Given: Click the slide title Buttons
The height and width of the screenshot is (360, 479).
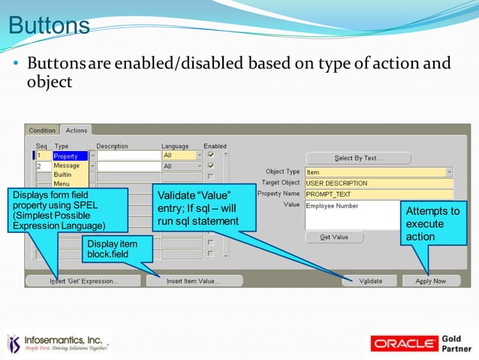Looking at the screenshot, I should (49, 26).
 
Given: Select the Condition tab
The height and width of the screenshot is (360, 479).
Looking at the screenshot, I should (42, 131).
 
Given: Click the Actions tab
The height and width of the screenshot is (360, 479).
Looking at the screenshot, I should (76, 131).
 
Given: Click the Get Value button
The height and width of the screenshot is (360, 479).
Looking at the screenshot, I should (334, 237).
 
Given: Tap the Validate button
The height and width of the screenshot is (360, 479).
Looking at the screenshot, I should (370, 281).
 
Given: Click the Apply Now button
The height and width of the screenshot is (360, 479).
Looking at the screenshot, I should (431, 281).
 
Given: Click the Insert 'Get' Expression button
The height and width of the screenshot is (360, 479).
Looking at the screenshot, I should (83, 281).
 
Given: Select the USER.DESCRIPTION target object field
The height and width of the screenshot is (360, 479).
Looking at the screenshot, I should (378, 183).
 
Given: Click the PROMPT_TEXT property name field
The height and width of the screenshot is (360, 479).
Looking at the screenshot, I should (378, 194).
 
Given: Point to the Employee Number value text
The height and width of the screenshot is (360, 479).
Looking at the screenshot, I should (333, 205).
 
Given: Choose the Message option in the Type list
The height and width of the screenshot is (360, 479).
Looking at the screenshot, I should (67, 165).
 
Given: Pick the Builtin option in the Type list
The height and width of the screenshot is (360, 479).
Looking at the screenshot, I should (63, 174).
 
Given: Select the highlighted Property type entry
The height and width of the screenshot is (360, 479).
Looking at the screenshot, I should (70, 156).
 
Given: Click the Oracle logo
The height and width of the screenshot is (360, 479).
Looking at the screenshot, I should (405, 343).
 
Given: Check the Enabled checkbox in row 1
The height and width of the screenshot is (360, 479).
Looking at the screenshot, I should (210, 156).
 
